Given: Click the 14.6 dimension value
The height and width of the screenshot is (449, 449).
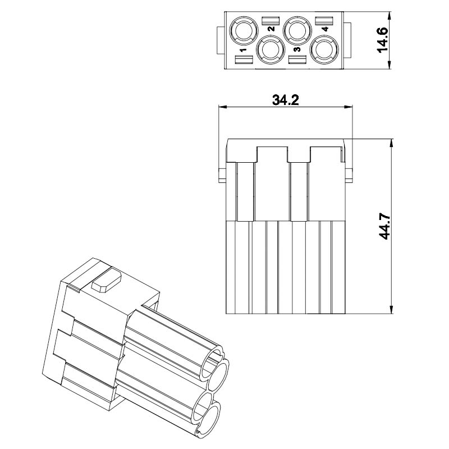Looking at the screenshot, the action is (383, 39).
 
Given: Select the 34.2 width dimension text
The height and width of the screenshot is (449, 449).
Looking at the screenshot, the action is (286, 100).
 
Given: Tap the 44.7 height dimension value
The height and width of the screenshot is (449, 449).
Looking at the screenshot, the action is (384, 226).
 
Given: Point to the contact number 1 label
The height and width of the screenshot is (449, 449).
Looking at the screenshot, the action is (244, 50).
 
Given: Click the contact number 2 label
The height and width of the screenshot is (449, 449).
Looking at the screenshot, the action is (271, 29).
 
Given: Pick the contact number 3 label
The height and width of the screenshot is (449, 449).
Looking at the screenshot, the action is (297, 49).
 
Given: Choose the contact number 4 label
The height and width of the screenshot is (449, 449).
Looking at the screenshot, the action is (325, 29).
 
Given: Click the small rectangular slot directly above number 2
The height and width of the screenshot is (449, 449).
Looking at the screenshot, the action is (271, 20).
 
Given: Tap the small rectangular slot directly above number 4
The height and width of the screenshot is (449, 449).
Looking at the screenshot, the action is (324, 21).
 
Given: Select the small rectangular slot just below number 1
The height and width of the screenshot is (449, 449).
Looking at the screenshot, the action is (244, 59).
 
